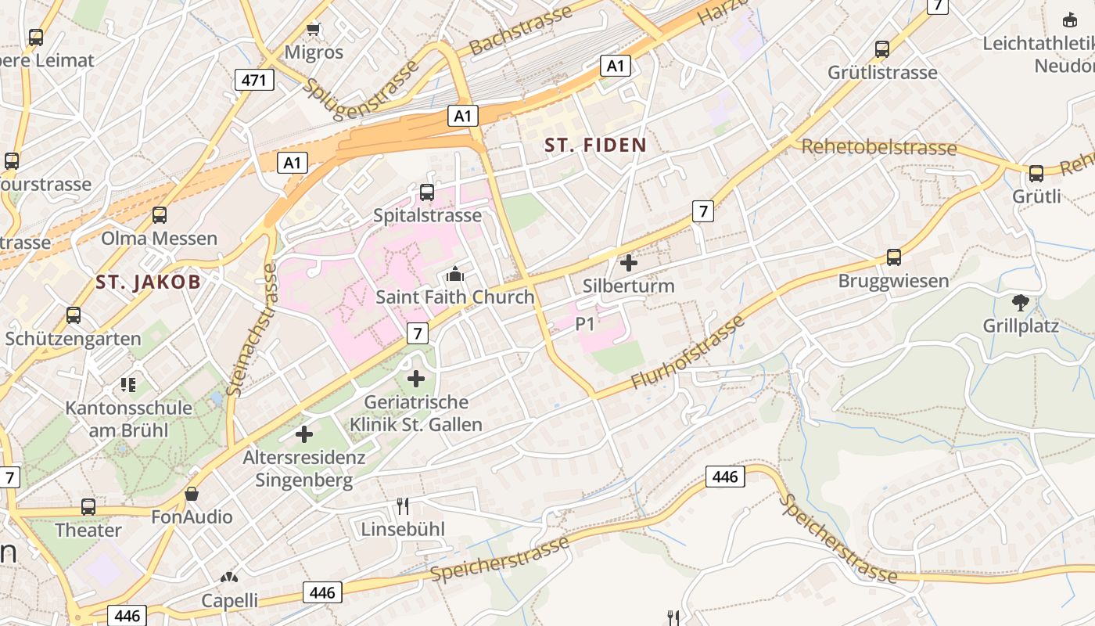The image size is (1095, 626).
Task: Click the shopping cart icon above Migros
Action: [314, 29]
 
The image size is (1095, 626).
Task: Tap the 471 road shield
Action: [254, 79]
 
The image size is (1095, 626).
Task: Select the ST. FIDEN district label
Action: [596, 145]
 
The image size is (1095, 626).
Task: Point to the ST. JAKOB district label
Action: [149, 282]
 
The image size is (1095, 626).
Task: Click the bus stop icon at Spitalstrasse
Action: [427, 192]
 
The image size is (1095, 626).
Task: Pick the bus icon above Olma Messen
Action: [160, 214]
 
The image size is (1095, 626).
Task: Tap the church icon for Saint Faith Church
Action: [454, 274]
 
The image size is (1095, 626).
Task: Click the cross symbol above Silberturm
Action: [628, 263]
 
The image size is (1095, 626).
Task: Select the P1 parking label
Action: [586, 323]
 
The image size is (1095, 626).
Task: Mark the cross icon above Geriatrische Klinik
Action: [416, 380]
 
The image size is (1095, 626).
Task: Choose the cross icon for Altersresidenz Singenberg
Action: [304, 434]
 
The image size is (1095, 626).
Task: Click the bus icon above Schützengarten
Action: [74, 315]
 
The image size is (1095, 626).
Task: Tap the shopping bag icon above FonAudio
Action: [192, 494]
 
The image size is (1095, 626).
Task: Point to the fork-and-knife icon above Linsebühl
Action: [403, 506]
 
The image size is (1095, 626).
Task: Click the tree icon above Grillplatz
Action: [1020, 303]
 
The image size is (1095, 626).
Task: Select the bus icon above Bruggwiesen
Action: [893, 257]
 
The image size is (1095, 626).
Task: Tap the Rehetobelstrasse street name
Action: [879, 147]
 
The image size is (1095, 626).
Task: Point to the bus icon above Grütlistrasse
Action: [882, 49]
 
